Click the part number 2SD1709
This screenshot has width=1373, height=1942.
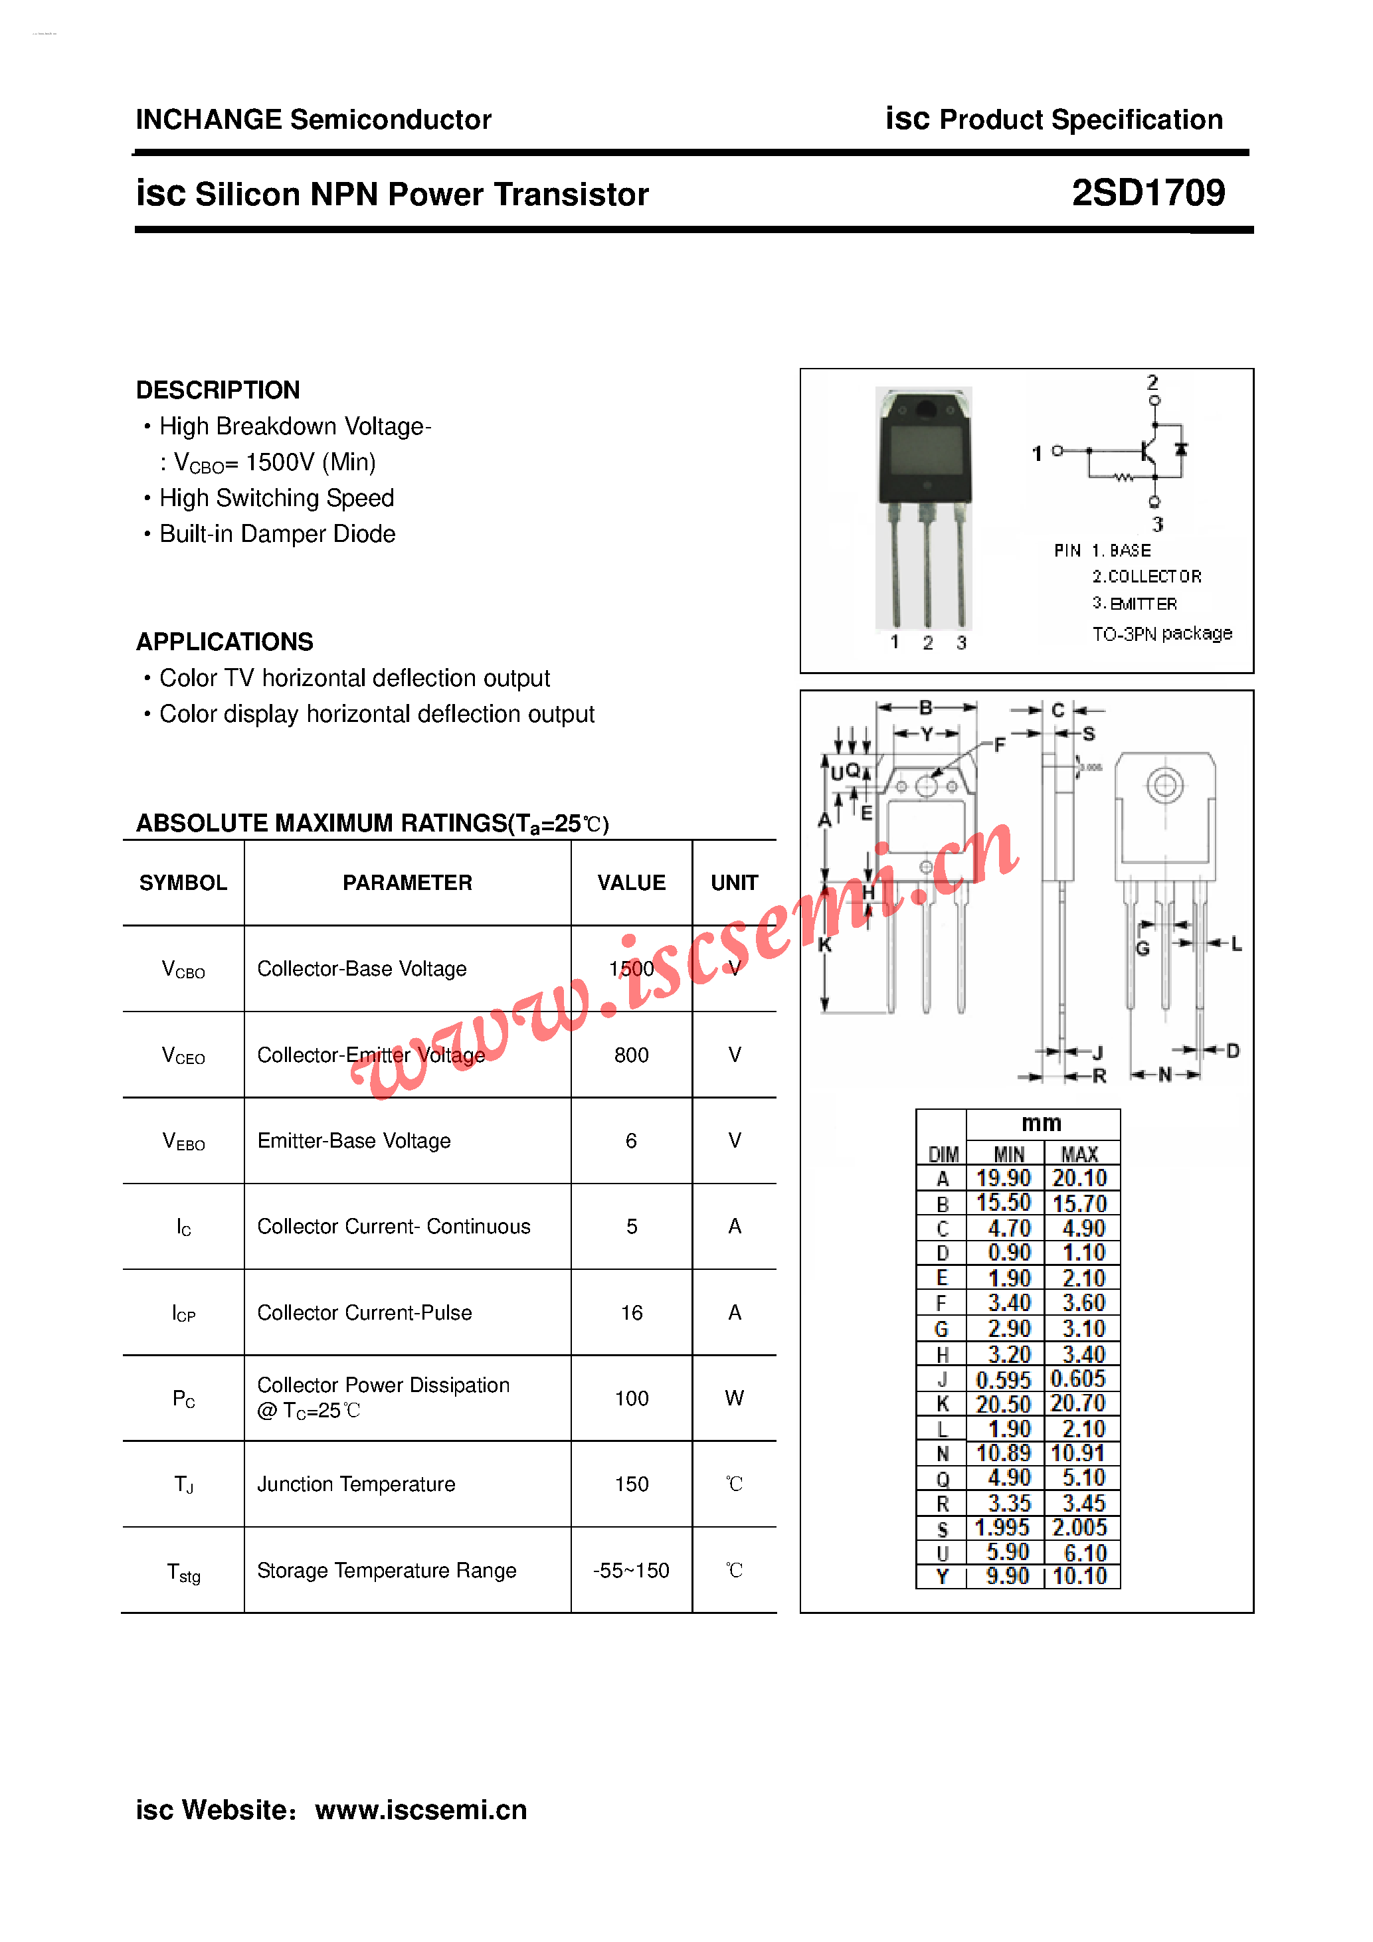(1147, 194)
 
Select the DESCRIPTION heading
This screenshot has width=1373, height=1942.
(217, 390)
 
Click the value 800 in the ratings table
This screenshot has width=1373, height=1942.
(631, 1055)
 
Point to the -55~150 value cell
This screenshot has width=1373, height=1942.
(631, 1571)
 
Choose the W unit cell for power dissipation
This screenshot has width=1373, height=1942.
(733, 1398)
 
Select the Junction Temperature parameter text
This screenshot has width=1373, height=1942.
(356, 1484)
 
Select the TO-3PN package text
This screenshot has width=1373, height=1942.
(1162, 634)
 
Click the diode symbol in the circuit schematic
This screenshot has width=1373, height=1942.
(1182, 449)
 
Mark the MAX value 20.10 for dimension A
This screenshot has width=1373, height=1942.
(1079, 1178)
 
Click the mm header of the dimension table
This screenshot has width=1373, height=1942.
(1042, 1123)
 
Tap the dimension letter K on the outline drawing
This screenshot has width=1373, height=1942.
(825, 945)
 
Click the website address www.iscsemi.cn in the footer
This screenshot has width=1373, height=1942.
(420, 1809)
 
